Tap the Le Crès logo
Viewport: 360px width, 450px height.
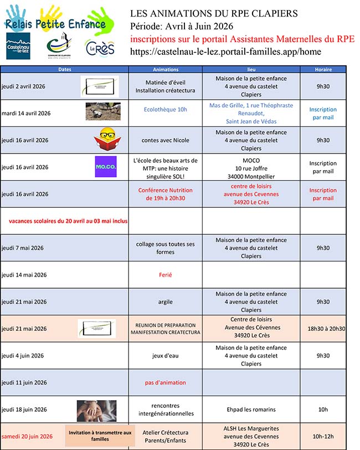(x=100, y=48)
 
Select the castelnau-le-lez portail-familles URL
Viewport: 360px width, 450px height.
(x=225, y=52)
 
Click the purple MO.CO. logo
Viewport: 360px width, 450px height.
(x=106, y=167)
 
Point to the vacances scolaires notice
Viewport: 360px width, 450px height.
(x=68, y=221)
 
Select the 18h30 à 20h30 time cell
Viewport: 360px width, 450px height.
(x=326, y=329)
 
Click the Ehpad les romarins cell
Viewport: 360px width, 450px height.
(x=251, y=410)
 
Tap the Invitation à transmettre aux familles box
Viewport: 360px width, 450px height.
(x=100, y=436)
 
